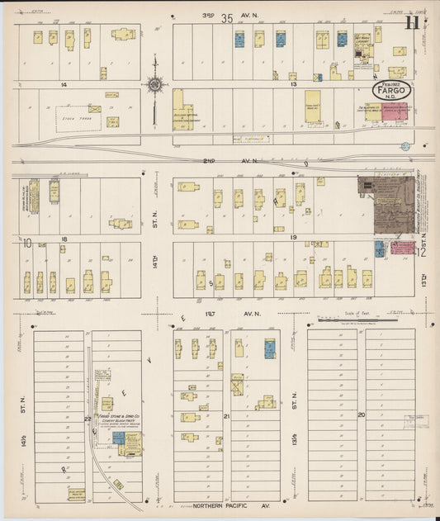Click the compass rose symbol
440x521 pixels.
(x=155, y=83)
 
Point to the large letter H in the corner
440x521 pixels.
(x=410, y=22)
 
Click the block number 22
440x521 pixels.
(x=88, y=419)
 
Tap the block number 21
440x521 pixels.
(x=226, y=418)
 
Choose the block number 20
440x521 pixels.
(x=361, y=414)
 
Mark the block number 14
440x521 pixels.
(x=61, y=84)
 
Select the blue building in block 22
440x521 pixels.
(x=119, y=438)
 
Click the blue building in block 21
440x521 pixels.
(x=269, y=348)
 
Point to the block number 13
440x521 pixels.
(x=293, y=84)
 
